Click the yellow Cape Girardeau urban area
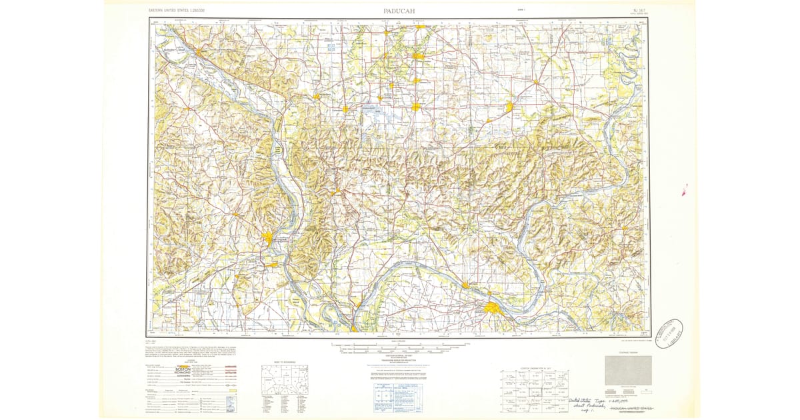[x=268, y=237]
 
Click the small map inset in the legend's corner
[x=231, y=403]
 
